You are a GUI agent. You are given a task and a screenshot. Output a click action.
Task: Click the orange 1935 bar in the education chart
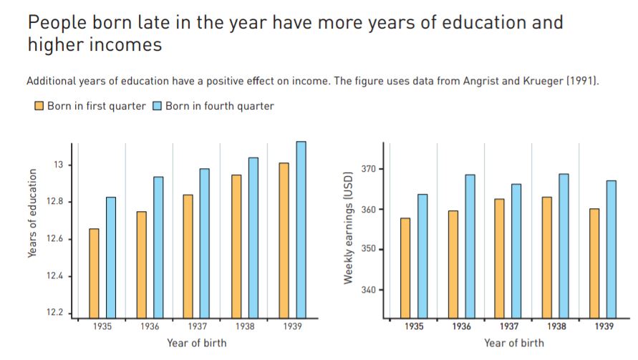(x=94, y=273)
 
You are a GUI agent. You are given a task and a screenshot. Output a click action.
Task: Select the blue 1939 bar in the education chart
(x=301, y=229)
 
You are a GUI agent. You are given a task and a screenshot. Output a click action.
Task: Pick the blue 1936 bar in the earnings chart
(x=470, y=245)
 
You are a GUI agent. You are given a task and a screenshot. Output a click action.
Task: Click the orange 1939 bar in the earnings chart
(x=594, y=263)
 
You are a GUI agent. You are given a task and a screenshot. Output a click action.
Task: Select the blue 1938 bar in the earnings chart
(x=564, y=245)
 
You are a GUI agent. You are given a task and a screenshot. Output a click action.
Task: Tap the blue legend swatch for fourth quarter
(x=158, y=107)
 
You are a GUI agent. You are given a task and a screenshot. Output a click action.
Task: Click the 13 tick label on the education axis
(x=59, y=165)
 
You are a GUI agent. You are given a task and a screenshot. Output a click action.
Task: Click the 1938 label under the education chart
(x=243, y=326)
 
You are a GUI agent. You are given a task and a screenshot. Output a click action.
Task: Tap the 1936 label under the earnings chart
(x=461, y=326)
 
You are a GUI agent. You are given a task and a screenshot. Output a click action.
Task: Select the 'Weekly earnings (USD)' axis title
(x=349, y=228)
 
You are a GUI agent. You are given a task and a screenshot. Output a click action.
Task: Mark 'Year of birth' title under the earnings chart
(x=513, y=343)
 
